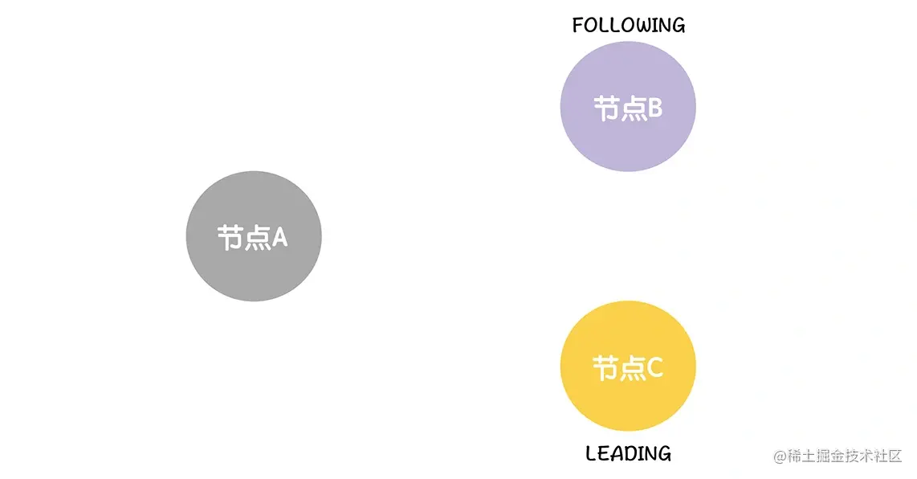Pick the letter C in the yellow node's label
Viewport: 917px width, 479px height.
tap(654, 368)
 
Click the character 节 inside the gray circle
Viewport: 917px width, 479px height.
tap(230, 238)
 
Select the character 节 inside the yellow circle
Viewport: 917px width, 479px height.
tap(605, 369)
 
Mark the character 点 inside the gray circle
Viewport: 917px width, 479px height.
tap(257, 238)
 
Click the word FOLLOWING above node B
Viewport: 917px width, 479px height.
tap(629, 26)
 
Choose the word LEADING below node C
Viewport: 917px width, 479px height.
tap(628, 454)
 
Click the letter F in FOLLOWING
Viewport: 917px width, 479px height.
tap(578, 26)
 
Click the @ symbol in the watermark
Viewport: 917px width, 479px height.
tap(780, 456)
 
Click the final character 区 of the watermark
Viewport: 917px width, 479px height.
tap(895, 456)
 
